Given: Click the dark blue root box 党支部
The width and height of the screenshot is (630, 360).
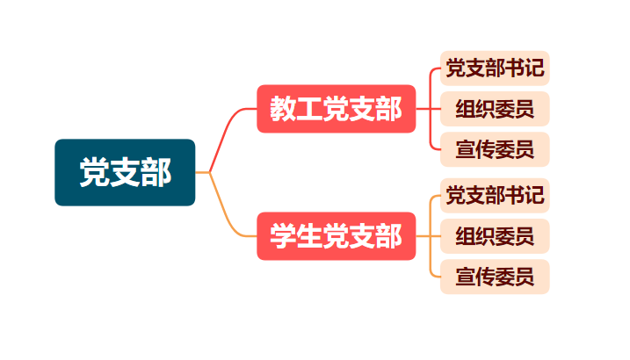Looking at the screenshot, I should [x=125, y=172].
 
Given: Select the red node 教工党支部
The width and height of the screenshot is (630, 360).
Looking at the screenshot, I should [x=335, y=109].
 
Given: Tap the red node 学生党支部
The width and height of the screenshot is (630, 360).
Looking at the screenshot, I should [x=335, y=236].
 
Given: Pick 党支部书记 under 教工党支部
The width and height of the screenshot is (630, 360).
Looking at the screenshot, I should [x=495, y=68].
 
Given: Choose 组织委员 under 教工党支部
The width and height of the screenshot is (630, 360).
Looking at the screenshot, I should [x=495, y=109].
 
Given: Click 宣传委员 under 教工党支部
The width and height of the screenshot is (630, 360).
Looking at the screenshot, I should [x=495, y=149].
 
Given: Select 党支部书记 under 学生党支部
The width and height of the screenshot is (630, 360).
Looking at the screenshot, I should [x=495, y=195].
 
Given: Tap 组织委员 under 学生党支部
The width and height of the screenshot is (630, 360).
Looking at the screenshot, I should [x=495, y=236].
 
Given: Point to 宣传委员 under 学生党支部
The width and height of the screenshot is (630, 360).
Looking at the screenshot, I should [x=495, y=277].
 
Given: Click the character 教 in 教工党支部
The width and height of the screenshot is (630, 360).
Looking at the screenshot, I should [x=283, y=109].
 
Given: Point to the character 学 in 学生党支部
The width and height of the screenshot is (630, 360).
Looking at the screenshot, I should [x=283, y=236].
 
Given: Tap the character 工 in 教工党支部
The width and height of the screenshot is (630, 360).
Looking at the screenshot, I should [x=309, y=109].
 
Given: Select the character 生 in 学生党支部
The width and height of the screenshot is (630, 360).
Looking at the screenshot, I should [x=309, y=236].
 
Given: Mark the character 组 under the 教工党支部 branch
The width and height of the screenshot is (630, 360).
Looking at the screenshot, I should [x=466, y=109].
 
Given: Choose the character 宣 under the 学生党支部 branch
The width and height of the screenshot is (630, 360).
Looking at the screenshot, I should [x=466, y=277].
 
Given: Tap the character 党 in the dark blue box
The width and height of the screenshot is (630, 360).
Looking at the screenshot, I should [x=94, y=172].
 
